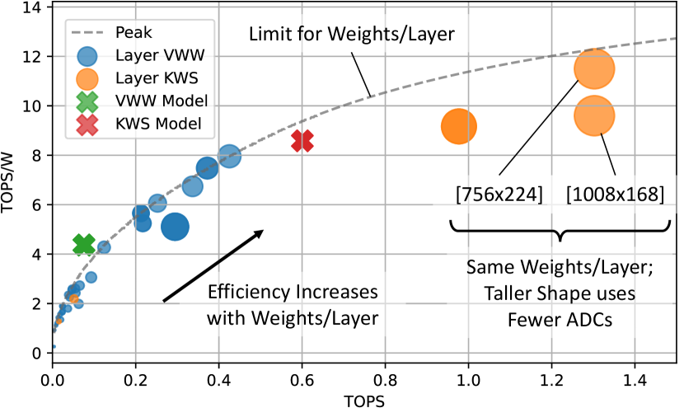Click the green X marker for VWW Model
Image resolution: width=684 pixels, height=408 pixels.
click(x=84, y=244)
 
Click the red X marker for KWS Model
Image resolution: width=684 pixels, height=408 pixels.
click(x=302, y=141)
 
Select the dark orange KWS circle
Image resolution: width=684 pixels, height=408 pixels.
click(x=459, y=126)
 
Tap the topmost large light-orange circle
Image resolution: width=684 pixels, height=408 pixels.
click(x=594, y=69)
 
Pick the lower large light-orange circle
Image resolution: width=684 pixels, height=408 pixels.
click(x=594, y=115)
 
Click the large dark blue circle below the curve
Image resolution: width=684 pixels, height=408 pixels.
click(x=175, y=226)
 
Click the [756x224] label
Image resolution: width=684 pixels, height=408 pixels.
click(x=499, y=195)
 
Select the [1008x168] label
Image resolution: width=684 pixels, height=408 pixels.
click(x=615, y=195)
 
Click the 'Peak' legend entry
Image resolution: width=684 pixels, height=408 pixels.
click(x=134, y=33)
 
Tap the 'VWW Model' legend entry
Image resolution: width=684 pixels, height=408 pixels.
click(x=162, y=101)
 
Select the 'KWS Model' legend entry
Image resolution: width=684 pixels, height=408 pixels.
click(x=160, y=124)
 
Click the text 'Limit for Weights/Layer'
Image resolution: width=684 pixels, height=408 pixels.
click(x=352, y=34)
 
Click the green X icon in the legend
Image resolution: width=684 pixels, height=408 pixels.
click(x=87, y=101)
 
